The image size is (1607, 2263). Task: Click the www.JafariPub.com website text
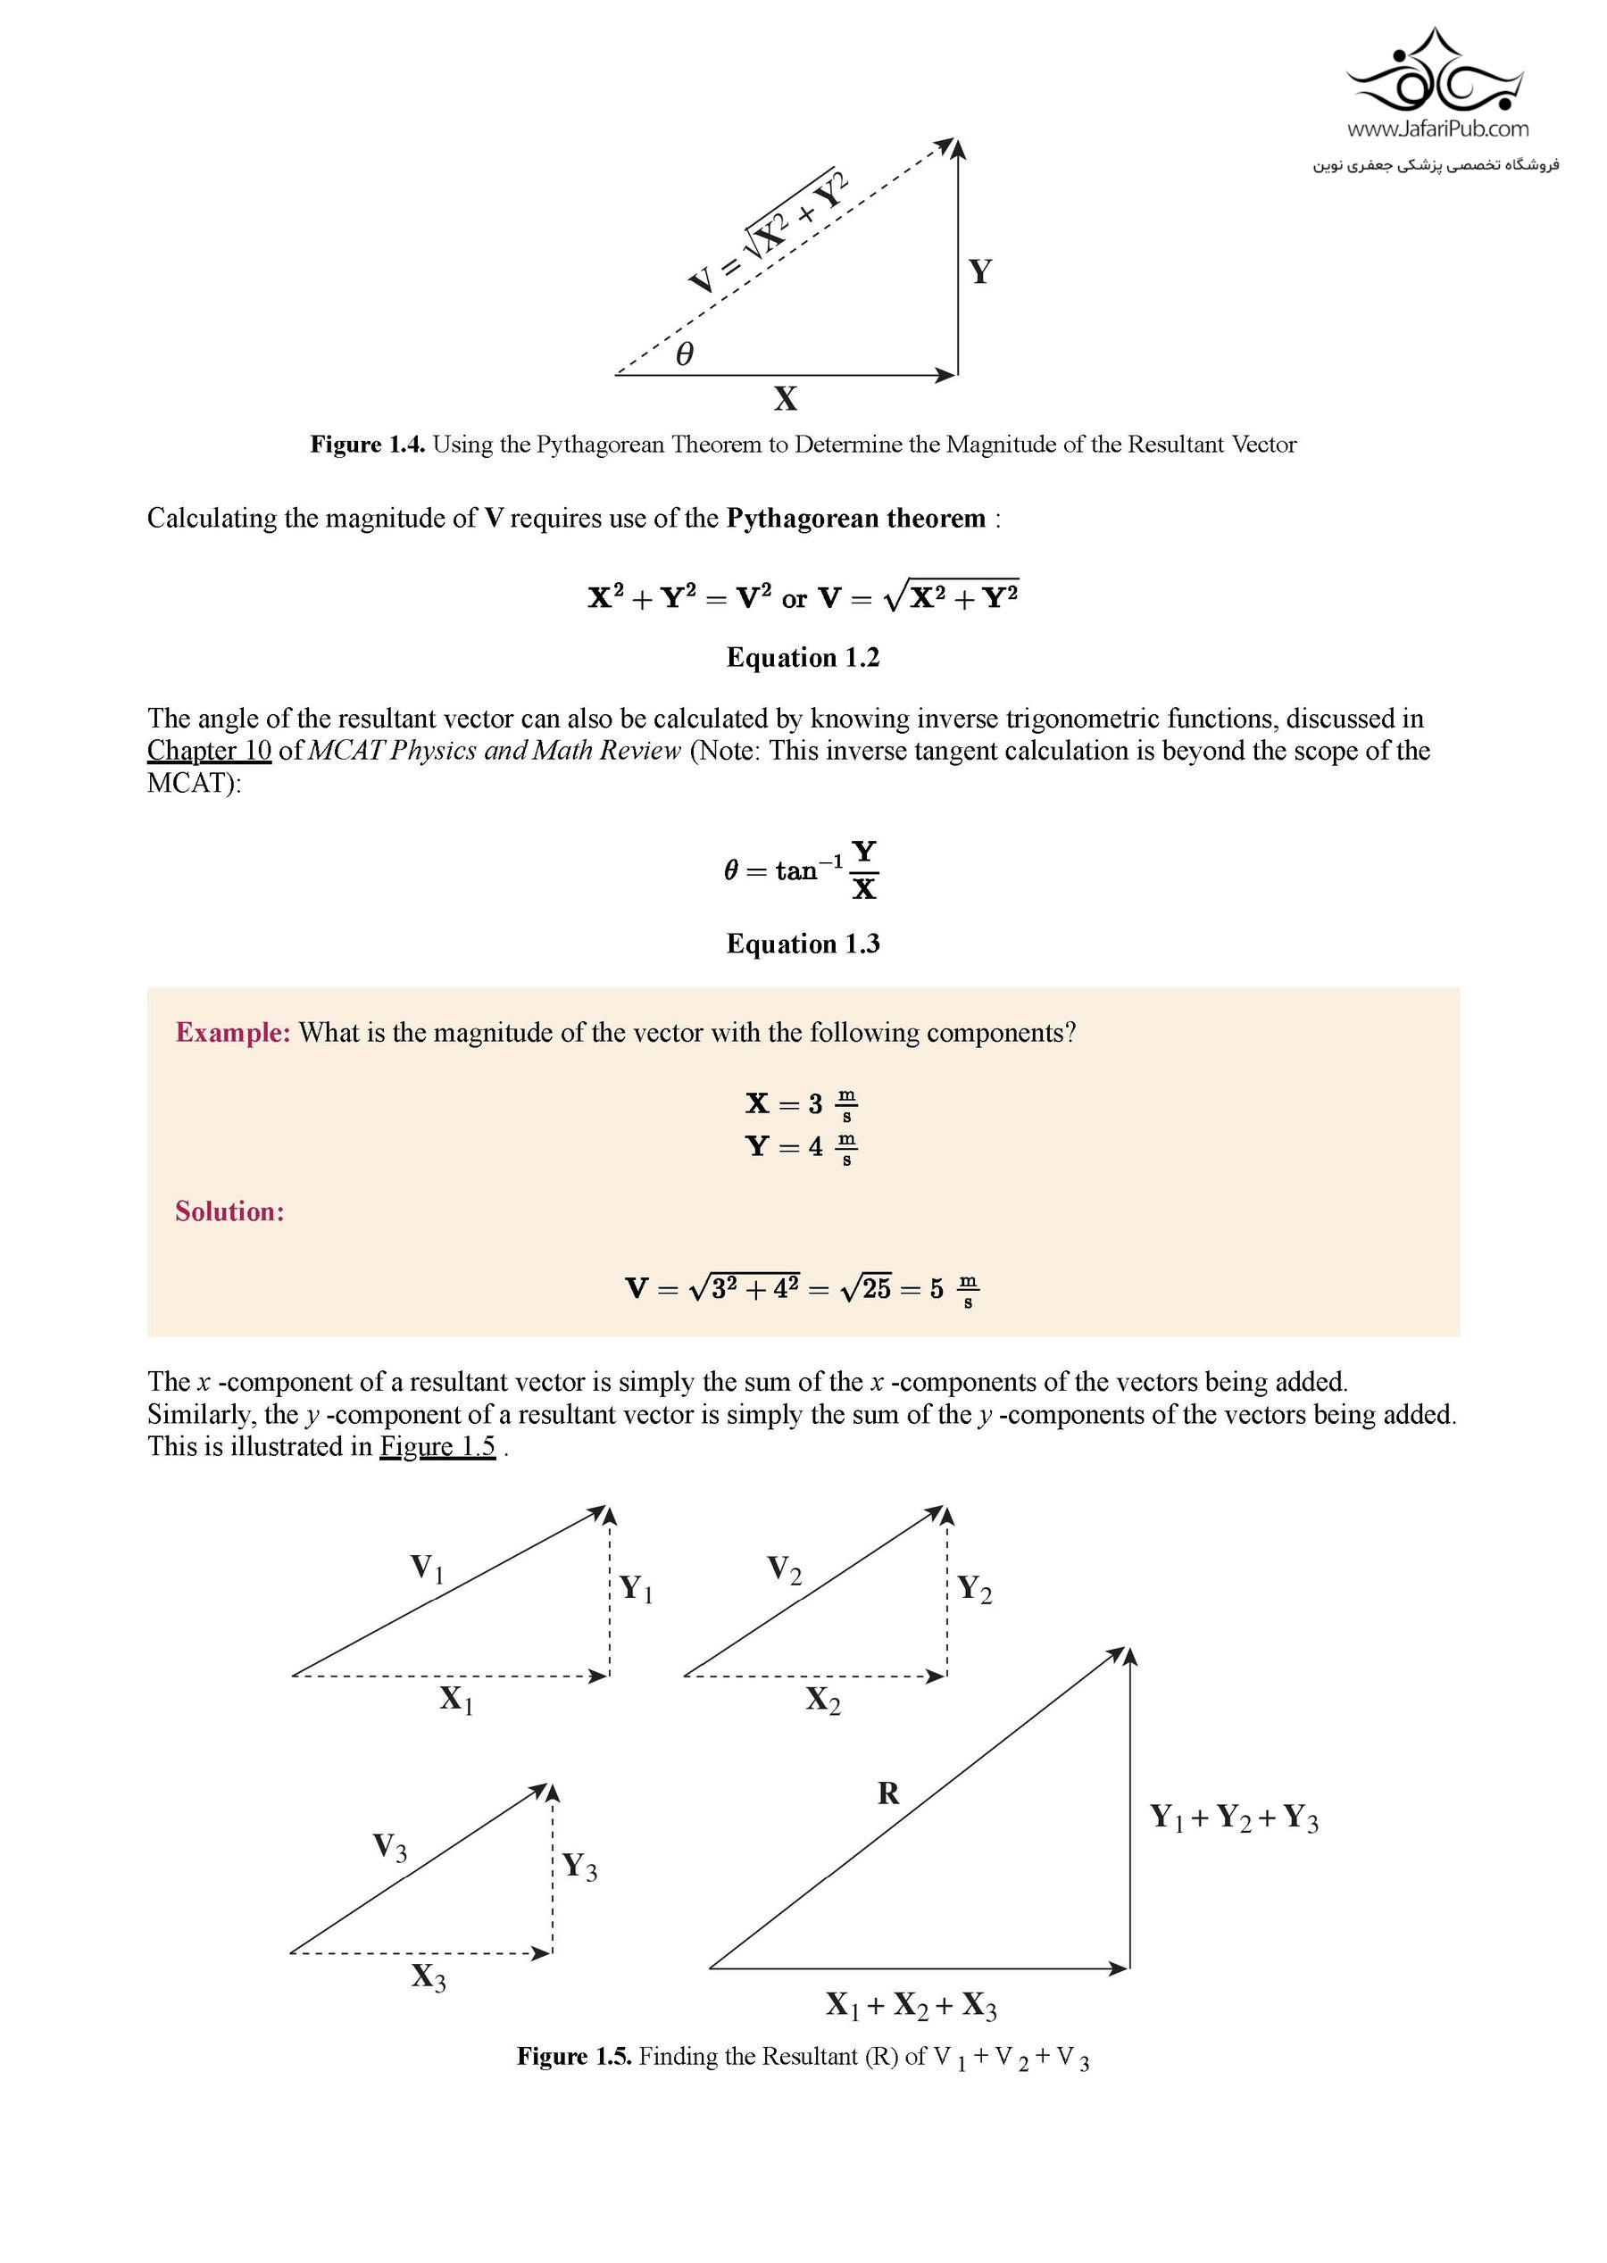pyautogui.click(x=1436, y=129)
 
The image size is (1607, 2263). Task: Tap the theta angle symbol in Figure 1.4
pyautogui.click(x=684, y=354)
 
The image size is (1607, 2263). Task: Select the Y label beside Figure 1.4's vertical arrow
pyautogui.click(x=979, y=271)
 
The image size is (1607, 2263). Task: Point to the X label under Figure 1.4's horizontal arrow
pyautogui.click(x=785, y=399)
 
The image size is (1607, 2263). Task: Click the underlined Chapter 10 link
pyautogui.click(x=209, y=751)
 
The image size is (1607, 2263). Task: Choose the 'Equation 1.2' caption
pyautogui.click(x=803, y=658)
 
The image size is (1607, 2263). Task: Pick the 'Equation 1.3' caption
pyautogui.click(x=803, y=944)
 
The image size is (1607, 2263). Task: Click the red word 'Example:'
pyautogui.click(x=232, y=1033)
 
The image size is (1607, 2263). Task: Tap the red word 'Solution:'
pyautogui.click(x=229, y=1212)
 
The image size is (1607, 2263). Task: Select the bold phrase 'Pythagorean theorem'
pyautogui.click(x=856, y=520)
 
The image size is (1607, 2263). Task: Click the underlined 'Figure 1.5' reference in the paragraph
pyautogui.click(x=437, y=1447)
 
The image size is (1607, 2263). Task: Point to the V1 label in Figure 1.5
pyautogui.click(x=427, y=1568)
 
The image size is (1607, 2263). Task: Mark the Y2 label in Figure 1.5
pyautogui.click(x=974, y=1589)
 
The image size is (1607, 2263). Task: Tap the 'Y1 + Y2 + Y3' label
pyautogui.click(x=1233, y=1817)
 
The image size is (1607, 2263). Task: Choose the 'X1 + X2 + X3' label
pyautogui.click(x=912, y=2005)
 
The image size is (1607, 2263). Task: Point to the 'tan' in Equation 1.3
pyautogui.click(x=796, y=870)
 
